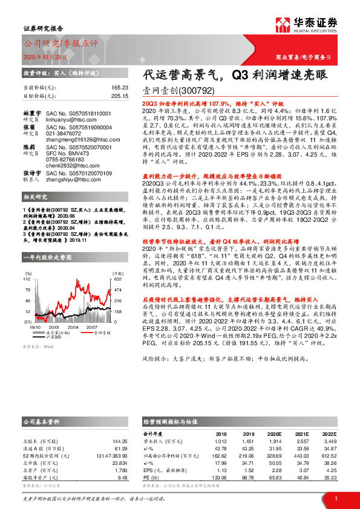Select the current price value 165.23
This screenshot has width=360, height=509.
[x=120, y=88]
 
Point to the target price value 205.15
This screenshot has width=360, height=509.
[x=120, y=96]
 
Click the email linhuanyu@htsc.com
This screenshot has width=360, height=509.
[x=70, y=120]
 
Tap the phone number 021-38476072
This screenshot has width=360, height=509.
[x=66, y=134]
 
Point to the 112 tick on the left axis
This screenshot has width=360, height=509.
[x=27, y=279]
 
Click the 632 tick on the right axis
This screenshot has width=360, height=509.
[x=119, y=279]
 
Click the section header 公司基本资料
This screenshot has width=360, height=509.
[x=42, y=421]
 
